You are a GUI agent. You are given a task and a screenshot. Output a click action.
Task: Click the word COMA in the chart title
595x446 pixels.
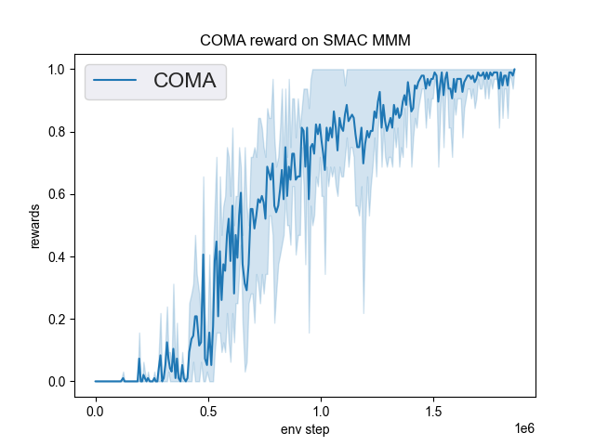(221, 41)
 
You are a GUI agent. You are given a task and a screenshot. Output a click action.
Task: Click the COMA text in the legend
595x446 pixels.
(184, 81)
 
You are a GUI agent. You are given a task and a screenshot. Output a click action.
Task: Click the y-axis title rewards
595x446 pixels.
(35, 226)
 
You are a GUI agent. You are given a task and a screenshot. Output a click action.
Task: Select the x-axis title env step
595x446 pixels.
(305, 429)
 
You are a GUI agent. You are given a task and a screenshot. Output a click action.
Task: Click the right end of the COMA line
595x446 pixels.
(514, 70)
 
